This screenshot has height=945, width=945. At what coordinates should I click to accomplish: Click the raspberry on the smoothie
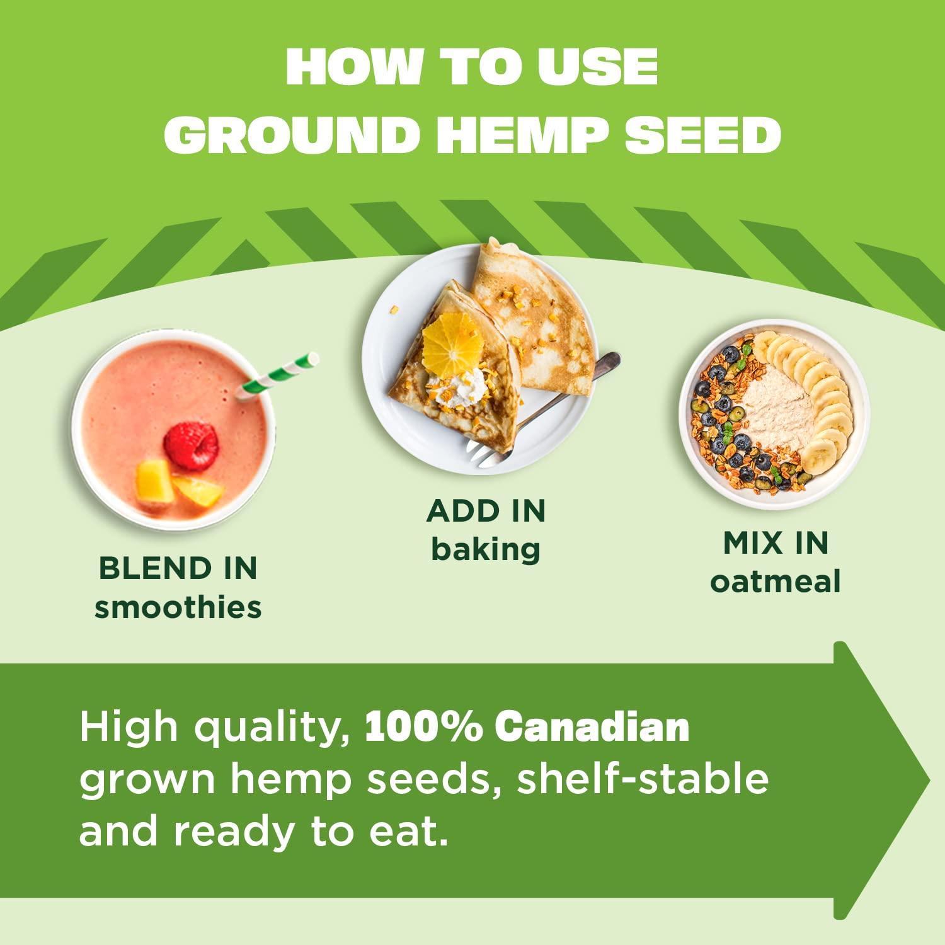pyautogui.click(x=191, y=445)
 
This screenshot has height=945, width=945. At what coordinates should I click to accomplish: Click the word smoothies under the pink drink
pyautogui.click(x=178, y=608)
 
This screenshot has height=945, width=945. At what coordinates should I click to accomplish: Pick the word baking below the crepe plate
pyautogui.click(x=486, y=549)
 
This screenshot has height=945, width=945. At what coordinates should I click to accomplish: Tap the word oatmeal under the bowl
pyautogui.click(x=776, y=581)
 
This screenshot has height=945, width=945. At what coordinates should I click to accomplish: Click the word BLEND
pyautogui.click(x=148, y=568)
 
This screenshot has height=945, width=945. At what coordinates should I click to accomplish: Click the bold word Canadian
pyautogui.click(x=592, y=727)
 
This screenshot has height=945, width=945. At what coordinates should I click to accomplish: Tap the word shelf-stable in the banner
pyautogui.click(x=643, y=779)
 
